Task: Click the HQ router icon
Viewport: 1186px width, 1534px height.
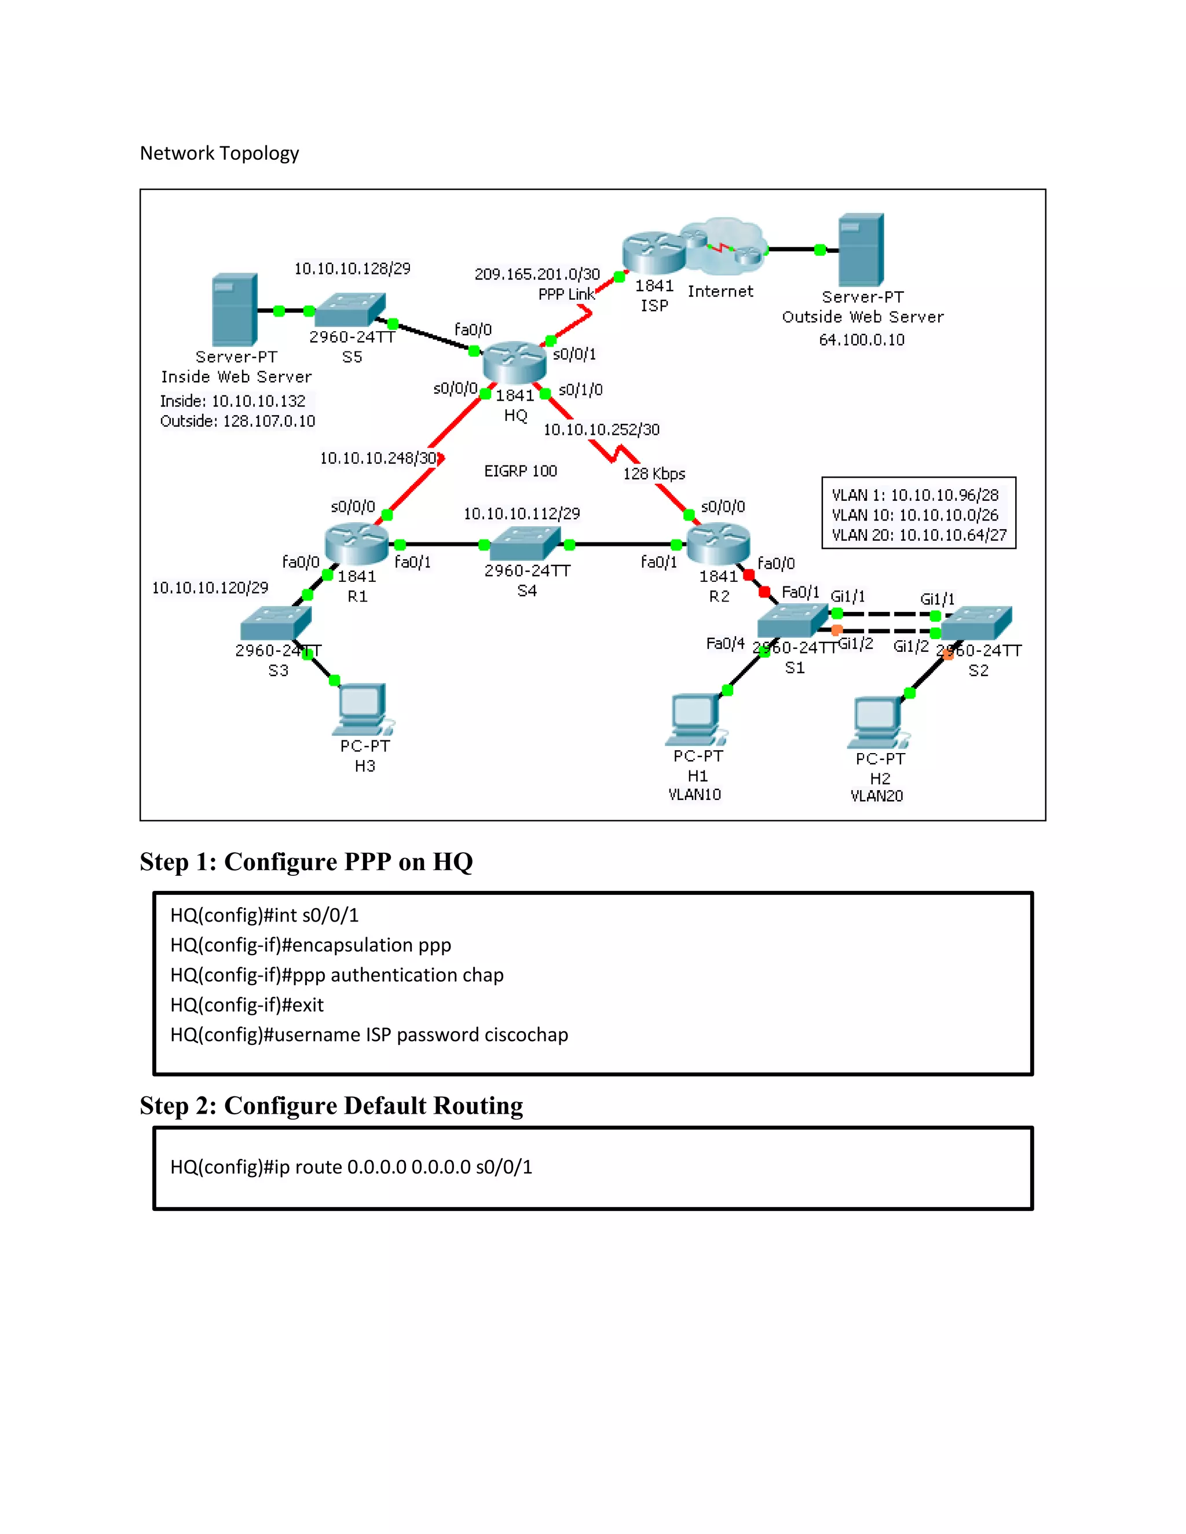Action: pyautogui.click(x=515, y=362)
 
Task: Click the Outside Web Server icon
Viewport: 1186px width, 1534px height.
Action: pyautogui.click(x=861, y=250)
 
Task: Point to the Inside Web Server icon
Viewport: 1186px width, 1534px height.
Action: pyautogui.click(x=234, y=310)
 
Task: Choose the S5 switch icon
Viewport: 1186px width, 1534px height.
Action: pyautogui.click(x=350, y=309)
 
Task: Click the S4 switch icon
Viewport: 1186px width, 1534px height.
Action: pyautogui.click(x=526, y=544)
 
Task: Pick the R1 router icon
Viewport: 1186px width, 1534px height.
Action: pyautogui.click(x=357, y=544)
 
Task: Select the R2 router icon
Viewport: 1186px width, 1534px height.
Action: pyautogui.click(x=718, y=544)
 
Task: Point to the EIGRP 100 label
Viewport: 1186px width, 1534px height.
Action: pyautogui.click(x=520, y=471)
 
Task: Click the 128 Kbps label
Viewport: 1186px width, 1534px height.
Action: pyautogui.click(x=653, y=474)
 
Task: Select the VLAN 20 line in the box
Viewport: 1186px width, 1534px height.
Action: pyautogui.click(x=918, y=535)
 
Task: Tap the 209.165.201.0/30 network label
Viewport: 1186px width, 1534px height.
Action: pyautogui.click(x=537, y=274)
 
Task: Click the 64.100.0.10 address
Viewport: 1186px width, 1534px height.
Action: pyautogui.click(x=861, y=340)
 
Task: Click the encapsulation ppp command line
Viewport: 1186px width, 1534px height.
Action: pyautogui.click(x=310, y=945)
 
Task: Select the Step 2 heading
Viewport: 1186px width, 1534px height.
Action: pyautogui.click(x=331, y=1106)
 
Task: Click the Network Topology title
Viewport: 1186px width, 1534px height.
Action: pyautogui.click(x=219, y=153)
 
